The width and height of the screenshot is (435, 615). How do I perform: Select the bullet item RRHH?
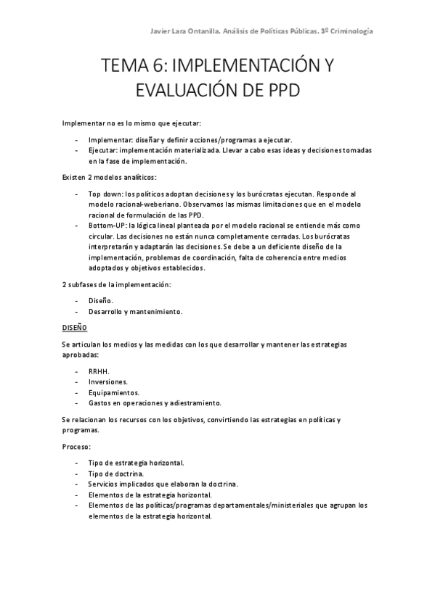(x=98, y=371)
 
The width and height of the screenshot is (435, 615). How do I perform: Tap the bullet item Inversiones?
(x=108, y=381)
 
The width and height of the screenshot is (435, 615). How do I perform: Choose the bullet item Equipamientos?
(x=113, y=392)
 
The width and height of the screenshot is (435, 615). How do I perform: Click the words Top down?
(x=105, y=194)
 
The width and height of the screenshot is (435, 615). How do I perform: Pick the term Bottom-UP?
(x=107, y=226)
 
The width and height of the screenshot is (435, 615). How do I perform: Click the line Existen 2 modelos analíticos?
(x=109, y=178)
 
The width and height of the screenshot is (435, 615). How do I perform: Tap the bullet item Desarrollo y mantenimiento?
(x=135, y=311)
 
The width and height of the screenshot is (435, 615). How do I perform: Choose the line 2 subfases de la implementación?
(x=116, y=284)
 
